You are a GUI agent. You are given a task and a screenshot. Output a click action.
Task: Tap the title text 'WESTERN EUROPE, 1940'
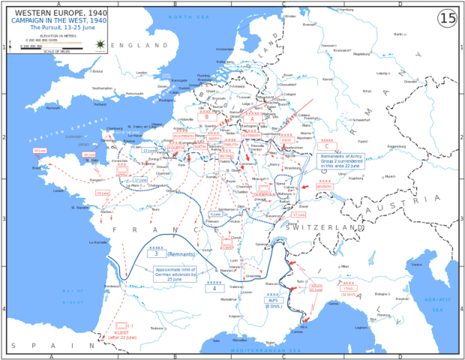[x=55, y=12]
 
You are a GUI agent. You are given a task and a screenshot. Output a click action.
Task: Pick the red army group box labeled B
[x=206, y=117]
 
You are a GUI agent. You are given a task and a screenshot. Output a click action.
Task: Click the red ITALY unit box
[x=348, y=289]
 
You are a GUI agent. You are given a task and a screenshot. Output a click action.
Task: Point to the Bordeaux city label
[x=112, y=286]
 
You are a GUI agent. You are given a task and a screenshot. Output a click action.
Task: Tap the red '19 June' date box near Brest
[x=40, y=151]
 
